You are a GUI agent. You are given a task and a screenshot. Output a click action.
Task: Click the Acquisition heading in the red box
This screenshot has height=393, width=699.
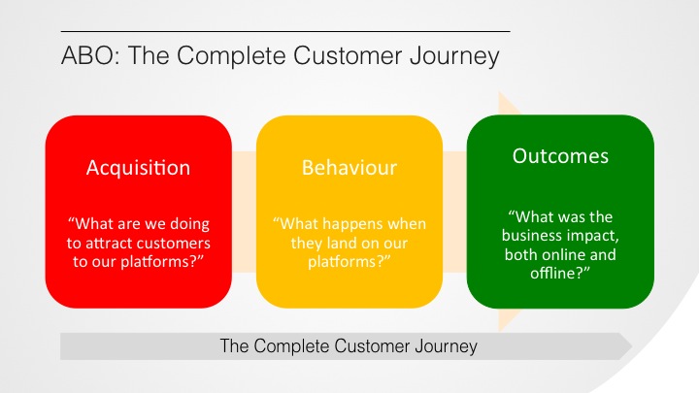138,168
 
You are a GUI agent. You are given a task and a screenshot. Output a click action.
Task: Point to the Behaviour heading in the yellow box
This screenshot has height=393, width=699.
349,168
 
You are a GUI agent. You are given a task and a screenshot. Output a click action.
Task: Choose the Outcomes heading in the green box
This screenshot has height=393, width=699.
560,156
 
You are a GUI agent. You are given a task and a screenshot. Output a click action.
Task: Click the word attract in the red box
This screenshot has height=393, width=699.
110,244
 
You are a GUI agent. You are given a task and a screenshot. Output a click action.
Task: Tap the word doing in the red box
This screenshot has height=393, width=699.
190,224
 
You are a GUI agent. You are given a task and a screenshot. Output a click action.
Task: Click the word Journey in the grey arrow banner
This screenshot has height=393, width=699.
446,347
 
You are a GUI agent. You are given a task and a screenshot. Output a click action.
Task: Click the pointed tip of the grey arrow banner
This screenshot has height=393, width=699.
632,345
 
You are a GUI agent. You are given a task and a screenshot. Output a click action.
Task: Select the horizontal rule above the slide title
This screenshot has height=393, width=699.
285,32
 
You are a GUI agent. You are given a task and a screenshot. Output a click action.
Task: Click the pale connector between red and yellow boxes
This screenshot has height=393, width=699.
244,212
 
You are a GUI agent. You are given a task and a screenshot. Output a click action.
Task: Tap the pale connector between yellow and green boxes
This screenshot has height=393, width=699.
454,212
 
